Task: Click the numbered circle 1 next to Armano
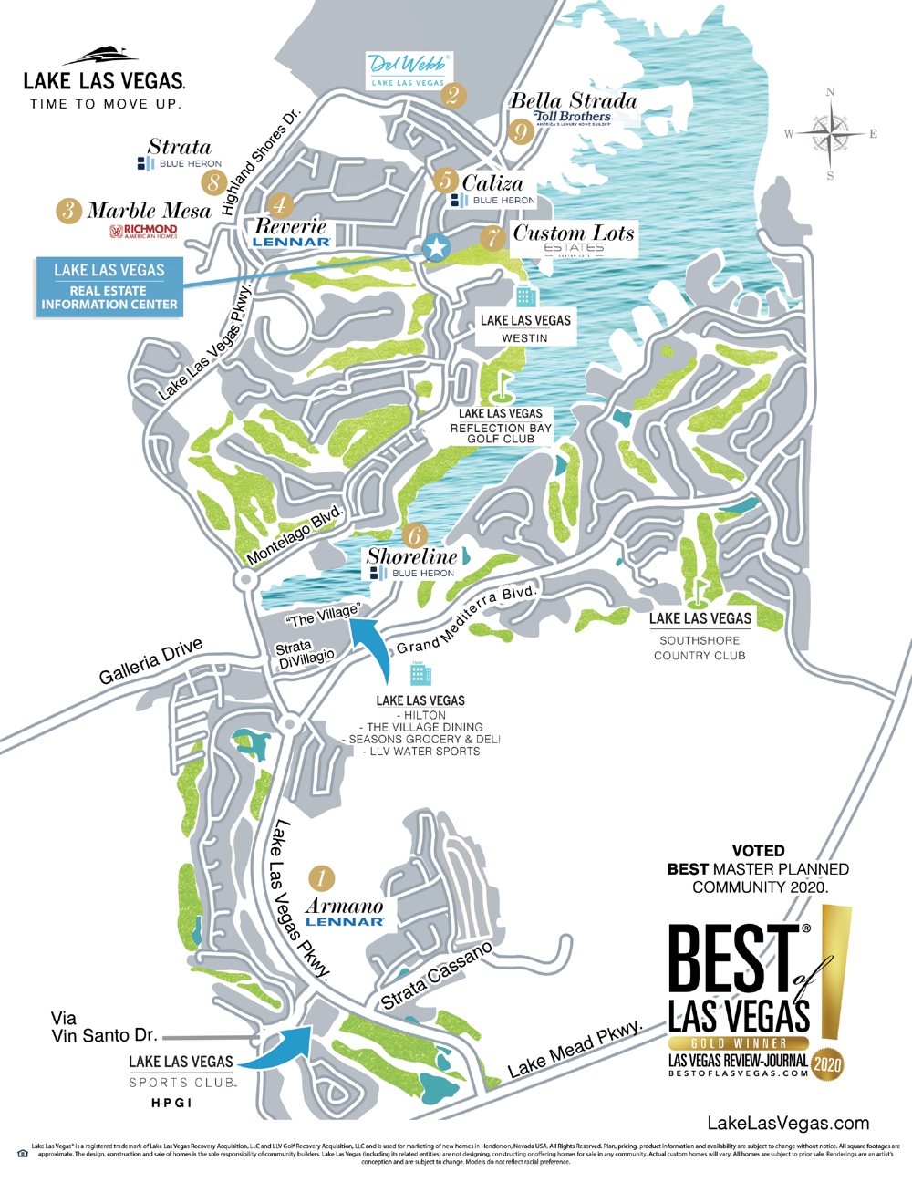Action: [x=321, y=878]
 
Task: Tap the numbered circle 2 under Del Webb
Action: [x=453, y=95]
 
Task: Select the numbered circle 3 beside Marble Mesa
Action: [x=68, y=211]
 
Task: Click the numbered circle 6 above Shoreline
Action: [x=415, y=535]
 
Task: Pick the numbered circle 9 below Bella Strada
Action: [x=521, y=132]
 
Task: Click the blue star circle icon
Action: [x=437, y=247]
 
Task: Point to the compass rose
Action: [x=830, y=134]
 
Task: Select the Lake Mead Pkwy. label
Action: [x=575, y=1049]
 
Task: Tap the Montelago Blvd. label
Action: [x=295, y=534]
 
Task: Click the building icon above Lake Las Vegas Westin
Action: [x=525, y=295]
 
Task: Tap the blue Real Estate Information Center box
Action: [x=109, y=287]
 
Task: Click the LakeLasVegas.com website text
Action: [x=788, y=1124]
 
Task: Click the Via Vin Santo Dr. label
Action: [x=103, y=1027]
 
